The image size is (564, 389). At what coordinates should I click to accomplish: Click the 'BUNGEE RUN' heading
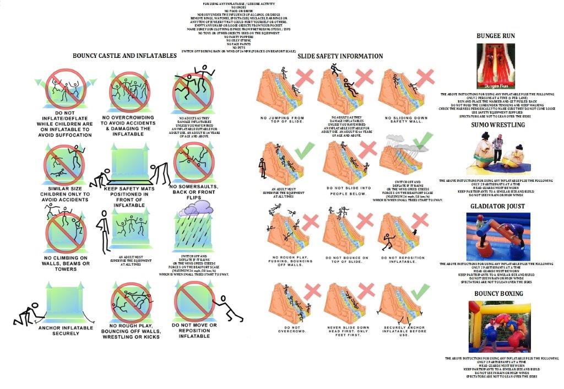coord(496,36)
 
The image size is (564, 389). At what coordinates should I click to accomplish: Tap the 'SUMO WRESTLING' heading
coord(497,125)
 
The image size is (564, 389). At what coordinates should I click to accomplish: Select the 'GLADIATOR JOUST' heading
coord(497,206)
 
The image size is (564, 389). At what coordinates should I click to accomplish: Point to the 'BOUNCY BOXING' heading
coord(498,294)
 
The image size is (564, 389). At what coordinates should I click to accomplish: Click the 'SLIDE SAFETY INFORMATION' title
coord(340,56)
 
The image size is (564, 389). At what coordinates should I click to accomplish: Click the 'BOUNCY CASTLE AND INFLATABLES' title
coord(124,56)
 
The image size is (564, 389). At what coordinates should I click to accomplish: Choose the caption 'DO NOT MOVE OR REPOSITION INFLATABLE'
coord(194,331)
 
